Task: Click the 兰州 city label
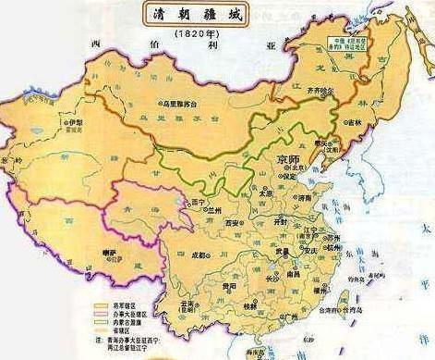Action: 216,210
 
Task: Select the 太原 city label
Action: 265,193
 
